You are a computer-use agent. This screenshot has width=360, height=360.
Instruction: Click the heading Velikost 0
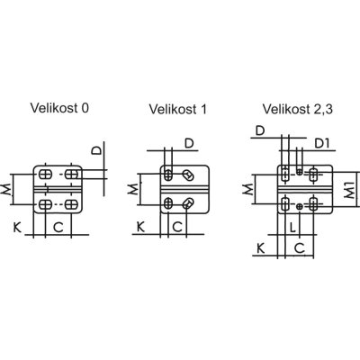pyautogui.click(x=59, y=108)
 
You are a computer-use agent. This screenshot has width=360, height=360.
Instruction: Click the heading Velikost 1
pyautogui.click(x=178, y=109)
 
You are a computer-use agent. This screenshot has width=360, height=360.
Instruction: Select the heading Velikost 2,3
pyautogui.click(x=298, y=109)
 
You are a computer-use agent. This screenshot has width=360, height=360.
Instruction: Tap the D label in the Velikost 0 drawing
pyautogui.click(x=96, y=150)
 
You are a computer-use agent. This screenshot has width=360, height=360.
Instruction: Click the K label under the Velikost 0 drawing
pyautogui.click(x=17, y=228)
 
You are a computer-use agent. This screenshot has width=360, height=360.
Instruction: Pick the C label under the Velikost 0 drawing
pyautogui.click(x=58, y=228)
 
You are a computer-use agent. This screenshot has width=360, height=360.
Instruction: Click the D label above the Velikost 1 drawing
pyautogui.click(x=189, y=143)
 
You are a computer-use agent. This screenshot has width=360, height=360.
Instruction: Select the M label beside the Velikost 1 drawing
pyautogui.click(x=133, y=189)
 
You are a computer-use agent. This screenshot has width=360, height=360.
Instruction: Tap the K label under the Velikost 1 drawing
pyautogui.click(x=140, y=227)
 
